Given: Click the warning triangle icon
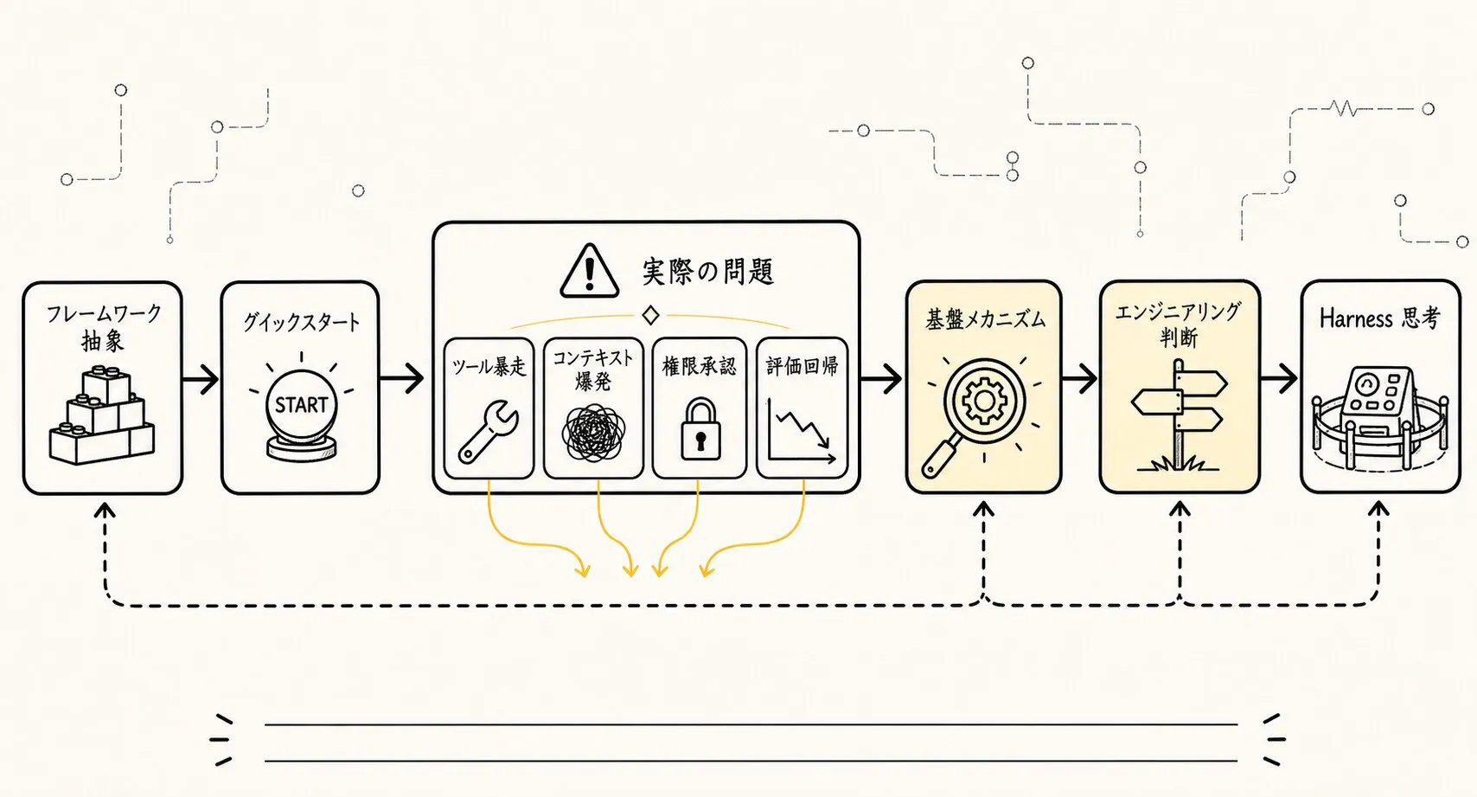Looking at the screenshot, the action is click(x=590, y=271).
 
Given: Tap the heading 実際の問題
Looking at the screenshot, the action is click(x=708, y=272).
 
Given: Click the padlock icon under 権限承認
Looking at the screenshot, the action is click(x=700, y=429).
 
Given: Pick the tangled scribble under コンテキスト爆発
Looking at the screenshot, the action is click(x=593, y=432).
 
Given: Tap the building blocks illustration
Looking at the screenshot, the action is click(x=102, y=415).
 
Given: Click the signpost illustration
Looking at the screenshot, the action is click(x=1179, y=415).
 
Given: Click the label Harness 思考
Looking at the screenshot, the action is click(x=1379, y=318).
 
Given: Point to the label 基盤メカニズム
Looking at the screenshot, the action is click(x=985, y=319).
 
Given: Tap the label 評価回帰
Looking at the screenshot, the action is click(x=802, y=366).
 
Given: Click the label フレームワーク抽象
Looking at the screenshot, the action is click(x=103, y=327).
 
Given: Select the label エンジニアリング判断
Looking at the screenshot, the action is click(x=1179, y=324).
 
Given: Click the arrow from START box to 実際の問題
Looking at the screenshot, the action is click(x=401, y=378).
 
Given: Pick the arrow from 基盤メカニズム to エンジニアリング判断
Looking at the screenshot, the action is click(x=1079, y=379).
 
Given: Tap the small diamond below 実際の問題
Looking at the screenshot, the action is click(x=650, y=315).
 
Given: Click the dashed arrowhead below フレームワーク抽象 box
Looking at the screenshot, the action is click(x=105, y=510).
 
